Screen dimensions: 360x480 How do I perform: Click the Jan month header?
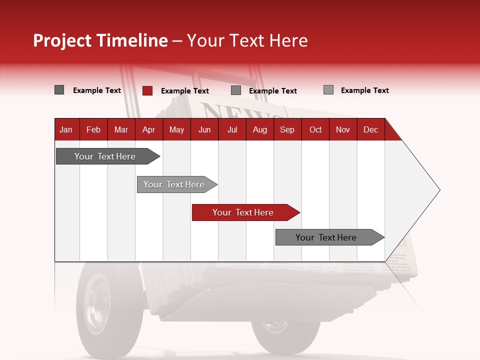66,129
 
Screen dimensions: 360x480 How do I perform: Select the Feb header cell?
93,129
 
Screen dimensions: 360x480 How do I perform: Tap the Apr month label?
148,129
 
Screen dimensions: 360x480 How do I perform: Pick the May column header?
176,129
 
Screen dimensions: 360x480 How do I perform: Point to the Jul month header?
232,129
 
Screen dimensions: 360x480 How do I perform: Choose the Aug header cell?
260,129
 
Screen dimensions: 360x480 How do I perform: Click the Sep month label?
287,129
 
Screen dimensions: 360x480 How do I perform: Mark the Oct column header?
315,129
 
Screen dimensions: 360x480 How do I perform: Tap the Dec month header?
370,129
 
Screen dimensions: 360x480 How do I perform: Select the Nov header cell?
343,129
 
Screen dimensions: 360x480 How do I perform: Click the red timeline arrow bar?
245,212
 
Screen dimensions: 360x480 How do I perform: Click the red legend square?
147,90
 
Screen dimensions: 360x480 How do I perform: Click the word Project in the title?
62,40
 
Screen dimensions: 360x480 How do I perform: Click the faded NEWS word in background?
235,112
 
